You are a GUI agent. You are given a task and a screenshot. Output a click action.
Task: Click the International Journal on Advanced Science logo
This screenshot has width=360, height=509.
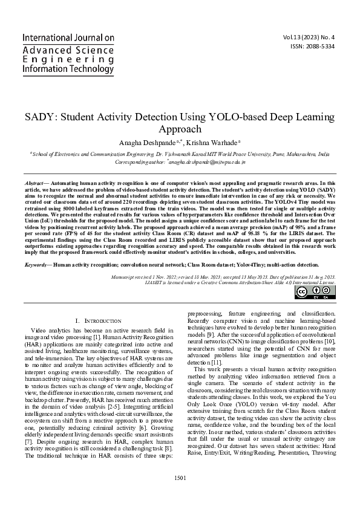pyautogui.click(x=68, y=54)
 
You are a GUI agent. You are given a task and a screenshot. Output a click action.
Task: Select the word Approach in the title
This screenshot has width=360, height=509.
pyautogui.click(x=180, y=129)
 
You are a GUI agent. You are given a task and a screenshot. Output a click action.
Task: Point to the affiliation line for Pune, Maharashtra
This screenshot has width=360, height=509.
pyautogui.click(x=180, y=155)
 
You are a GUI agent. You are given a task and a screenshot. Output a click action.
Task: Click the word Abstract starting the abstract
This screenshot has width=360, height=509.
pyautogui.click(x=36, y=183)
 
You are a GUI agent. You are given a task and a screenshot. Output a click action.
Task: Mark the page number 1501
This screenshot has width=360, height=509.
pyautogui.click(x=180, y=494)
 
